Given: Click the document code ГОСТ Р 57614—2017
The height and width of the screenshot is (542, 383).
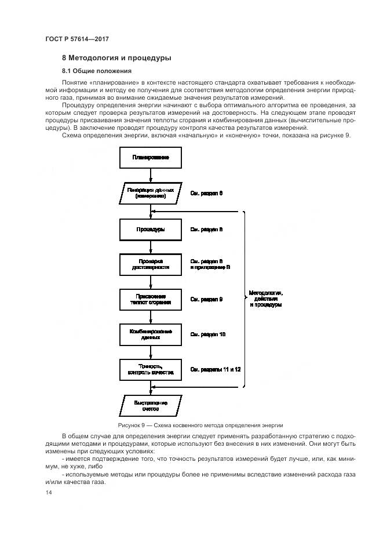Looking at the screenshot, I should (77, 39).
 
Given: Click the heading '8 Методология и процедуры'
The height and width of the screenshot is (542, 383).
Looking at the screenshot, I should (116, 58).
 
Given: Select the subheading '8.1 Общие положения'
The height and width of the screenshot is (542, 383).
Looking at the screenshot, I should (97, 71).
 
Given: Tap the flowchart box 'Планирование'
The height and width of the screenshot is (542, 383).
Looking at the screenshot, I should (150, 157).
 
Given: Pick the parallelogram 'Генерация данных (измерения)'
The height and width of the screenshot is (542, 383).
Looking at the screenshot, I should (150, 193).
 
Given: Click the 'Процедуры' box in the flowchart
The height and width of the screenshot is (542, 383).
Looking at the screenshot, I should (150, 230).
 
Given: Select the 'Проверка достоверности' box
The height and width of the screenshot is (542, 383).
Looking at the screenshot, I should (150, 264).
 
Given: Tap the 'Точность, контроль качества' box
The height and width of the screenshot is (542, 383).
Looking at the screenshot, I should (150, 369).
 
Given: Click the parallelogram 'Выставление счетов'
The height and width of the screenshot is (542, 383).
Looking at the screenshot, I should (150, 405).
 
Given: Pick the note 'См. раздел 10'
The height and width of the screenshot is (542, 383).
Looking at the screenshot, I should (208, 334).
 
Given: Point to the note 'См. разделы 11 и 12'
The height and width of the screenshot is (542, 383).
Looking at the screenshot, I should (216, 369).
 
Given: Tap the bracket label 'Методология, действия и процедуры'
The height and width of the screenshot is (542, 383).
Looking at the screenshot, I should (265, 299).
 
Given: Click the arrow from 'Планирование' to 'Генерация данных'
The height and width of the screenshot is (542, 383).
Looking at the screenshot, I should (150, 174).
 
